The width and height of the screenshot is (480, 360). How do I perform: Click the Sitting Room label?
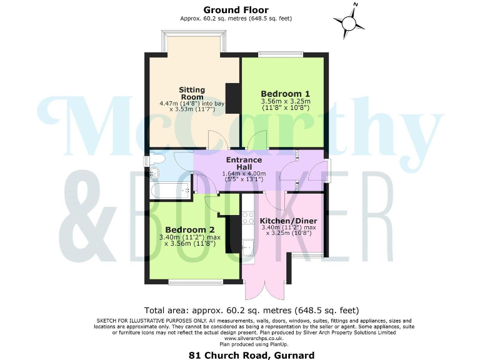(192, 93)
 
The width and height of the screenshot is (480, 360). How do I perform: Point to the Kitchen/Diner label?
(288, 221)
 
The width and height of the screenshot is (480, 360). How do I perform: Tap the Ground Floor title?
(236, 10)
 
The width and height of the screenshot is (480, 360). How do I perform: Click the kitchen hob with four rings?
(247, 219)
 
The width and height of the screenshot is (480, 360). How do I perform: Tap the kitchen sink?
(247, 250)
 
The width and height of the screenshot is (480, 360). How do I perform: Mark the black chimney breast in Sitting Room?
(232, 98)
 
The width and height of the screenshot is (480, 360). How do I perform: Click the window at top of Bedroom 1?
(281, 54)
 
